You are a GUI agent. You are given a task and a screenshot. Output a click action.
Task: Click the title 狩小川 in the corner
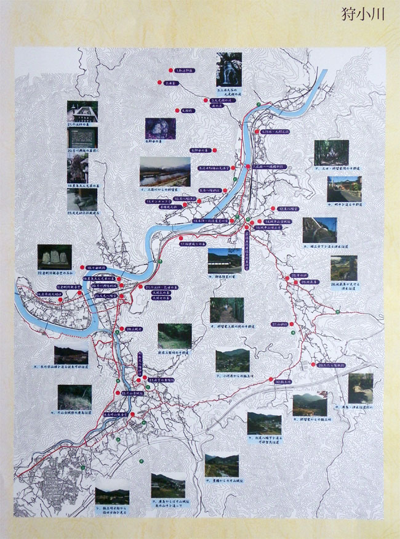coord(363,15)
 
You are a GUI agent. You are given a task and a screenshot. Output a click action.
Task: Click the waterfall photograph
coord(228,69)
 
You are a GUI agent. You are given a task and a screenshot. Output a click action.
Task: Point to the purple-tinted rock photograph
coord(160,128)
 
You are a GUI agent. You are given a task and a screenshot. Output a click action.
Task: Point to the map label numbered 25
coord(298,275)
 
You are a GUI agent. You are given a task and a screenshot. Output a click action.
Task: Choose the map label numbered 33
coord(133,392)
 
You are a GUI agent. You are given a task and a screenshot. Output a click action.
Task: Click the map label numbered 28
coord(135,330)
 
